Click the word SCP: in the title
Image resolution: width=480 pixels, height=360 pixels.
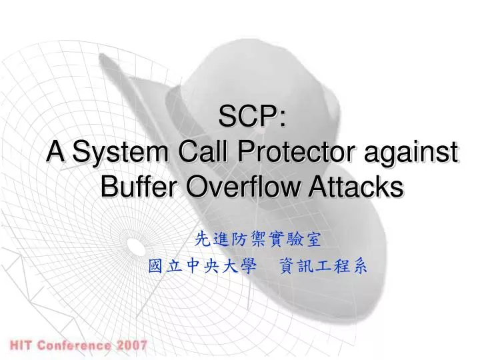tap(253, 121)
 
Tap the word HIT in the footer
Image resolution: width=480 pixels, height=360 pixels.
tap(21, 345)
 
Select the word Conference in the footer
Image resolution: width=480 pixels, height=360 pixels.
tap(74, 345)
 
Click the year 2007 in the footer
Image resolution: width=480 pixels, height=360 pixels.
tap(132, 345)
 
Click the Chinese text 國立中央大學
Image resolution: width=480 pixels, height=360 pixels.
tap(202, 266)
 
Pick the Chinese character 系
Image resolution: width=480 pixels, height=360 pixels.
tap(359, 266)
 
